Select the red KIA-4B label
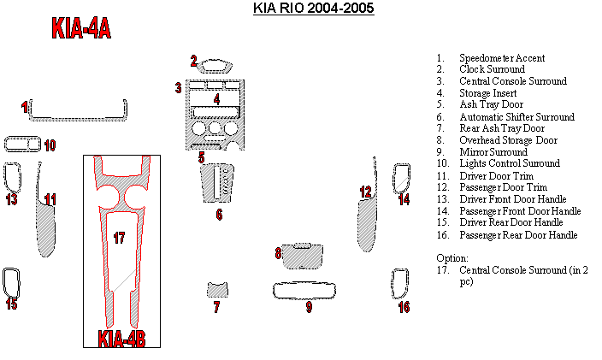121,339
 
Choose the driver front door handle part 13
13,177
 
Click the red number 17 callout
119,238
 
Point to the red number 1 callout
25,107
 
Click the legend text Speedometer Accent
502,58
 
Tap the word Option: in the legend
451,257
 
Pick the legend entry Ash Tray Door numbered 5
491,104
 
